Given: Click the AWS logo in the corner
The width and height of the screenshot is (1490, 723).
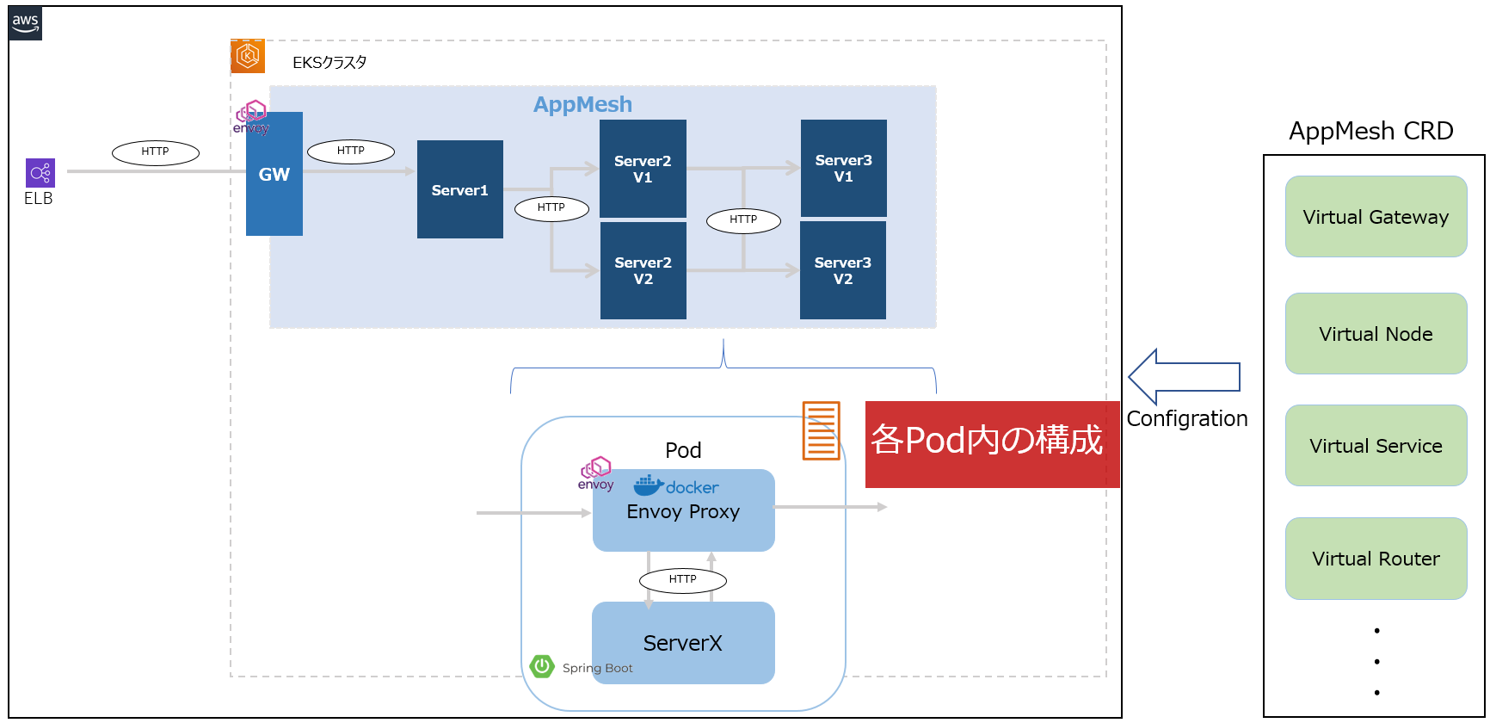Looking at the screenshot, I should [x=25, y=23].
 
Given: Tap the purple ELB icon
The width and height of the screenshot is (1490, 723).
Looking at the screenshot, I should [x=40, y=173].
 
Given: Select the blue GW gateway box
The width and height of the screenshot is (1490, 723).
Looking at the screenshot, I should [x=274, y=174].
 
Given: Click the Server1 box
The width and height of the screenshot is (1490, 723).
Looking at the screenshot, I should [x=459, y=189].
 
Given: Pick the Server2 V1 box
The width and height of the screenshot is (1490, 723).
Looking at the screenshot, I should [x=643, y=169].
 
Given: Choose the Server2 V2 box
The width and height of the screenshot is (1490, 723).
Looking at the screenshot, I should [x=643, y=270].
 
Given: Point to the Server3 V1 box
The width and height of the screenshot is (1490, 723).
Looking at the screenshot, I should [x=843, y=168].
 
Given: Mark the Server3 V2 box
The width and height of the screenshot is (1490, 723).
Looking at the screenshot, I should [x=842, y=270].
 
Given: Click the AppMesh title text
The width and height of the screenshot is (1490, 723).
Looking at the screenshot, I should [x=582, y=104].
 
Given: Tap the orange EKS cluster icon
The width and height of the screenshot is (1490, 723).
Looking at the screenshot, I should [x=248, y=56].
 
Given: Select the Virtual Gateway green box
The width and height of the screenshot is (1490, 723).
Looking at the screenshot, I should [x=1376, y=217].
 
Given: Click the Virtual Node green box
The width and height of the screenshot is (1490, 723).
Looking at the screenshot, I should [x=1376, y=334].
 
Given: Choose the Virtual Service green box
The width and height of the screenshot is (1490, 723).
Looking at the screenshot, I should [x=1376, y=446].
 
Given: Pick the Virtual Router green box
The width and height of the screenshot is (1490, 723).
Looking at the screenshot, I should [x=1376, y=559].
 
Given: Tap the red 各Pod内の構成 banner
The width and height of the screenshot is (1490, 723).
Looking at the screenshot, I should [x=992, y=444].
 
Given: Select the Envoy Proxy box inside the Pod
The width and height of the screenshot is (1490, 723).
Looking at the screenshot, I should [x=683, y=511].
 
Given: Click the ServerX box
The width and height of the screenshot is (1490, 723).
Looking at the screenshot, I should [x=683, y=643].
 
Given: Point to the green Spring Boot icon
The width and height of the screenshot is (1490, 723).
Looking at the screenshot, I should [x=542, y=666].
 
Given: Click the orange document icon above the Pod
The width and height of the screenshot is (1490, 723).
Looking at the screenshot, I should [x=821, y=430].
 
